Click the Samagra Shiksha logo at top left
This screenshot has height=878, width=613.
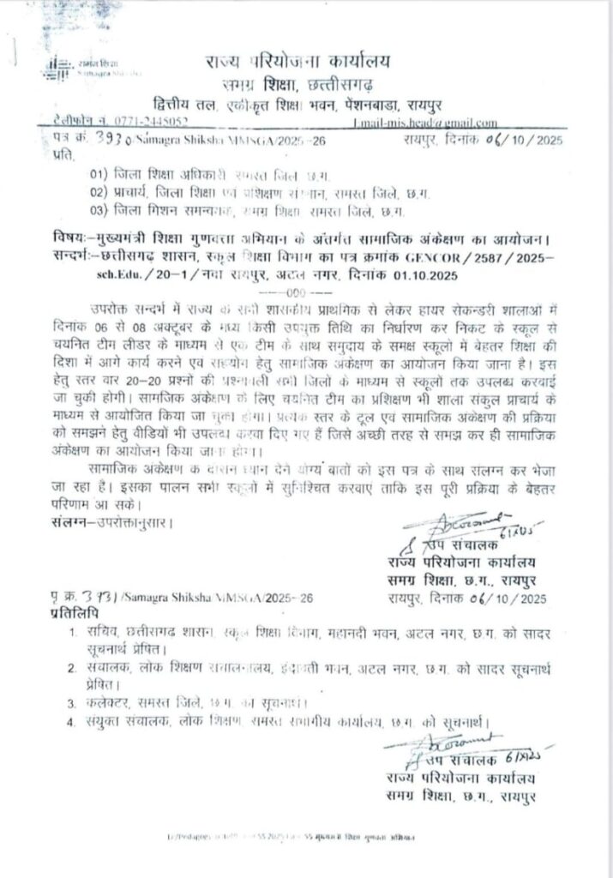tap(58, 67)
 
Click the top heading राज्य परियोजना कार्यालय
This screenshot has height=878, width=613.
tap(297, 60)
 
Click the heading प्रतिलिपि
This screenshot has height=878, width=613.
tap(69, 616)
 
